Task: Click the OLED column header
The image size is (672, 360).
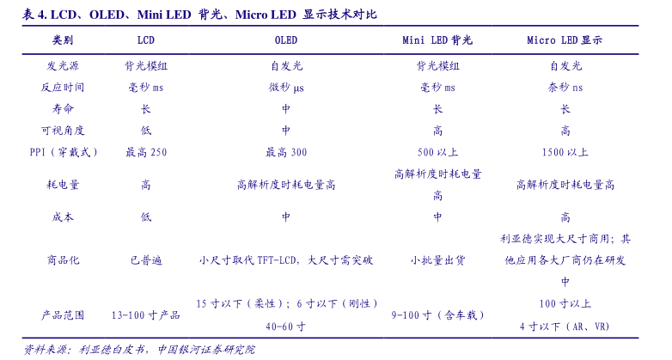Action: [x=285, y=40]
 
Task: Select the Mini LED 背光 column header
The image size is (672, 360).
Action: [x=437, y=40]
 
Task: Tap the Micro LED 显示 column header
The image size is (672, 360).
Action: [x=565, y=40]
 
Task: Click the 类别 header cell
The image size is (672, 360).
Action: [x=63, y=40]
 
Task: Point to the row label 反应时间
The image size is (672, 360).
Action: [x=63, y=88]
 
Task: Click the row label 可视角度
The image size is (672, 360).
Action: [x=63, y=131]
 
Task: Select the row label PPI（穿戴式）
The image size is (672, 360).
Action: [x=63, y=152]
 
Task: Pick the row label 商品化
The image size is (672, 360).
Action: [x=63, y=259]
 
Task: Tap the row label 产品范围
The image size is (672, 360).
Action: [x=63, y=315]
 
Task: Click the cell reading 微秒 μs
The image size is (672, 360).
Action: [x=285, y=88]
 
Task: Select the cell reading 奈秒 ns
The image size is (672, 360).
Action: [x=565, y=88]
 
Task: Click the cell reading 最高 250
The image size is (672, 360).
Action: [x=146, y=152]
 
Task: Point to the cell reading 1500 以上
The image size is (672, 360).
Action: [x=565, y=152]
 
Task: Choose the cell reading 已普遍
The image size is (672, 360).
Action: [x=146, y=259]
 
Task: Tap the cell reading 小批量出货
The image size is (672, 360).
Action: [x=437, y=259]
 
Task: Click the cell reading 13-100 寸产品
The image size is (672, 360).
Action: [x=146, y=315]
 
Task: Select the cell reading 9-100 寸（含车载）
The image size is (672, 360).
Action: [x=437, y=315]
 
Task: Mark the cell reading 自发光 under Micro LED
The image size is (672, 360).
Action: [x=565, y=65]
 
